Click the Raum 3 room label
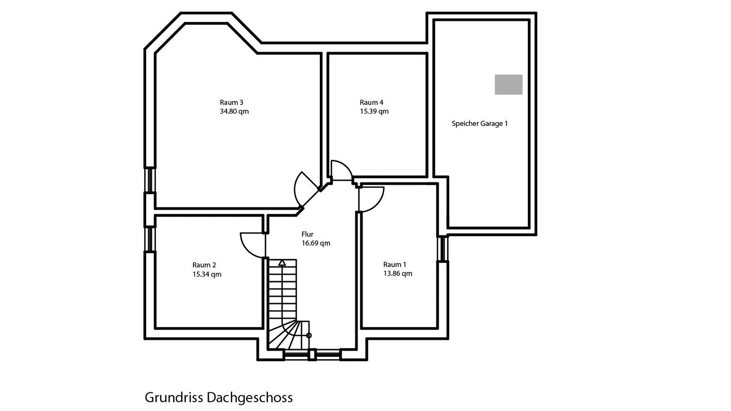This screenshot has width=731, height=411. coord(231,102)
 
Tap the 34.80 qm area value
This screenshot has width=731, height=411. coord(235,112)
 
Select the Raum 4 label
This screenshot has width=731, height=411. coord(372,102)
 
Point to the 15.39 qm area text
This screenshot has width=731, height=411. coord(374,112)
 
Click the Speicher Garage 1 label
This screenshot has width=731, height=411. coord(480,124)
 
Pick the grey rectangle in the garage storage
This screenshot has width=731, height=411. coord(509,84)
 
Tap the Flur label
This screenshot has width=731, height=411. coord(308,234)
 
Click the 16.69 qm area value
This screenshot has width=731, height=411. coord(316,244)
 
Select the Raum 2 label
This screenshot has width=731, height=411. coord(204,265)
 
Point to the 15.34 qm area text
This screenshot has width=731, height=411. coord(207,275)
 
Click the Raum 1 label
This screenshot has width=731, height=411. coord(395,264)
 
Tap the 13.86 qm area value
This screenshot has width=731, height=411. coord(398,273)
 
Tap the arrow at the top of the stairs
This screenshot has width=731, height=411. coord(282,263)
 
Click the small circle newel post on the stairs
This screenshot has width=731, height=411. coord(309,335)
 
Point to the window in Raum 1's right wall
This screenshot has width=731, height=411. coord(443,248)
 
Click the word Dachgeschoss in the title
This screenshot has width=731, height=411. coord(250,398)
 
